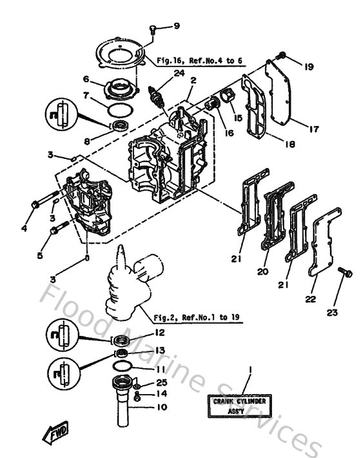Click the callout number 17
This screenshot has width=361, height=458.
(x=314, y=129)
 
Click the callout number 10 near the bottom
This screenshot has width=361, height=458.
(x=161, y=407)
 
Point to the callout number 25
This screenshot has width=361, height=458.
(x=160, y=383)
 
